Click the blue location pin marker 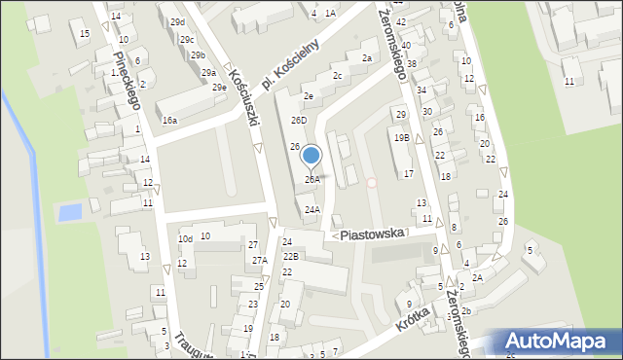click(311, 156)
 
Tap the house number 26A click(311, 180)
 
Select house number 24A click(311, 209)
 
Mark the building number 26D click(299, 121)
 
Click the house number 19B click(401, 138)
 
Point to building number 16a click(169, 121)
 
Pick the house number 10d click(184, 238)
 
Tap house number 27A click(259, 261)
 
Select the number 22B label click(291, 256)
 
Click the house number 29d click(176, 21)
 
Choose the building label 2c click(337, 76)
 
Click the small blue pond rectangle click(68, 211)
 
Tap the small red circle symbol click(371, 182)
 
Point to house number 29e click(220, 88)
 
